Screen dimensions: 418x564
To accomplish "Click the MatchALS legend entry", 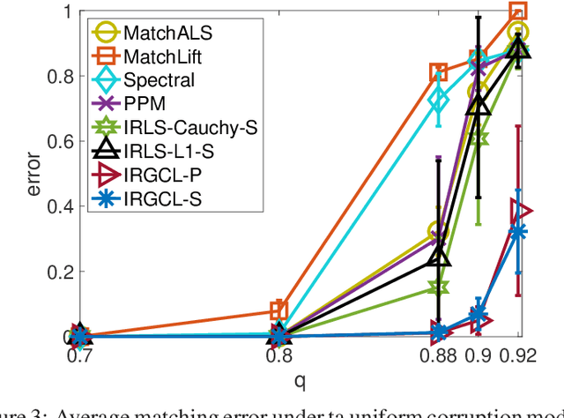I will pos(160,34).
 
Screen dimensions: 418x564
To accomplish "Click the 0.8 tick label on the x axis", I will pos(278,359).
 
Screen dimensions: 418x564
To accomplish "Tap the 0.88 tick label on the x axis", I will pos(438,359).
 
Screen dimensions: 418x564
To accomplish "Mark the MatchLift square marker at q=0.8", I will pos(278,310).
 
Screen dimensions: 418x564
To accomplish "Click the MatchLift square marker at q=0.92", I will pos(519,11).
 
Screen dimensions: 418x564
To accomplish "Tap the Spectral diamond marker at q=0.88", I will pos(438,101).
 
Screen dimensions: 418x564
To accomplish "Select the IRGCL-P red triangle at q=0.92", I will pos(521,212).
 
